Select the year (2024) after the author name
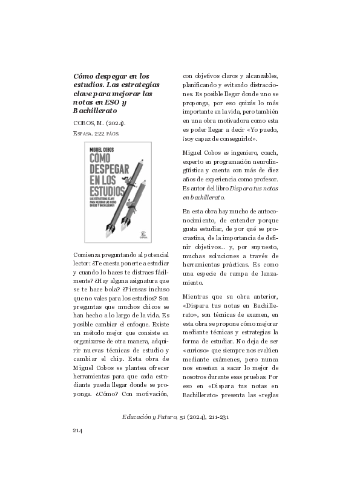click(115, 125)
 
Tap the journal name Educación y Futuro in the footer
click(149, 417)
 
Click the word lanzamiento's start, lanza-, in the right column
click(264, 273)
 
